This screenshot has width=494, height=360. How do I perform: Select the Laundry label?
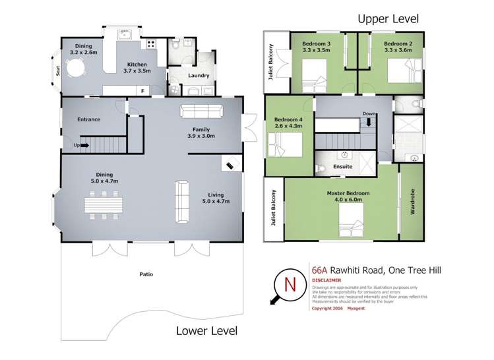pyautogui.click(x=199, y=76)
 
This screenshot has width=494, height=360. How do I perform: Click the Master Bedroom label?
pyautogui.click(x=348, y=193)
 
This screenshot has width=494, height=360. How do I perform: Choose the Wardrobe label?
pyautogui.click(x=412, y=203)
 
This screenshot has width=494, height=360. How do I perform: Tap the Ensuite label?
pyautogui.click(x=342, y=167)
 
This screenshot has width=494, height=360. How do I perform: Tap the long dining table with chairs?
pyautogui.click(x=103, y=203)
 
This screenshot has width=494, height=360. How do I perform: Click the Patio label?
pyautogui.click(x=146, y=273)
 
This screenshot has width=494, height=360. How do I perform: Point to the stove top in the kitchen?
pyautogui.click(x=151, y=45)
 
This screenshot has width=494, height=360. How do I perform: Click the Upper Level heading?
pyautogui.click(x=388, y=19)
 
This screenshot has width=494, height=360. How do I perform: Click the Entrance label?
pyautogui.click(x=88, y=119)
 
